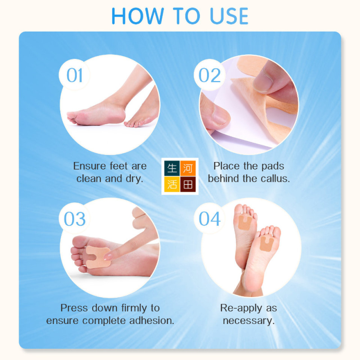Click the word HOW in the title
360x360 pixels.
[x=138, y=16]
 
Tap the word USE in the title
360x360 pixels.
[x=229, y=16]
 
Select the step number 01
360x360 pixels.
[x=74, y=75]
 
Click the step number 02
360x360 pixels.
[x=209, y=75]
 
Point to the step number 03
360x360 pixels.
[x=75, y=219]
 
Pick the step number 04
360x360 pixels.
[x=210, y=219]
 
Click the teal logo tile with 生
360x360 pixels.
[x=172, y=168]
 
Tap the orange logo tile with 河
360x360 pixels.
[x=188, y=168]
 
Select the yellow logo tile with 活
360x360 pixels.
[x=172, y=184]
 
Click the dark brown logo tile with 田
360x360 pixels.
[x=188, y=184]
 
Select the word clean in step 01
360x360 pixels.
[x=89, y=179]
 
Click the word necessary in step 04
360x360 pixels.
[x=249, y=321]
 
